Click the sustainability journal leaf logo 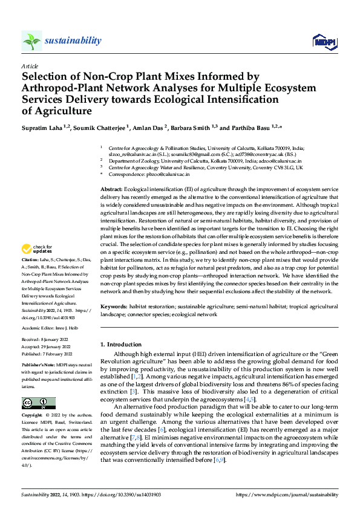pos(31,41)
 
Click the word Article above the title pos(29,66)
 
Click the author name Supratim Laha pos(44,128)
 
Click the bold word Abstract pos(111,190)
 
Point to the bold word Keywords pos(114,307)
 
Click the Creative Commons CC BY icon pos(38,403)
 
